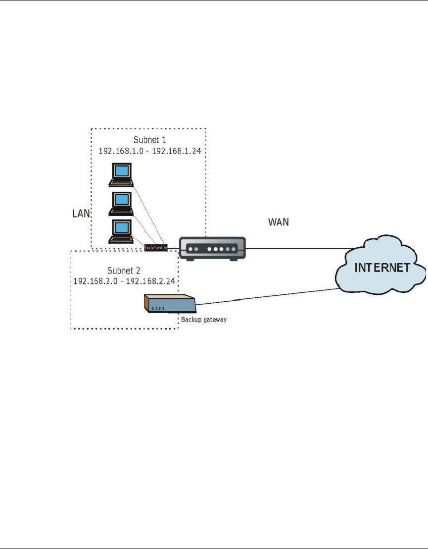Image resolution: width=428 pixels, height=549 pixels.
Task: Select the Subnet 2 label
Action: click(x=124, y=271)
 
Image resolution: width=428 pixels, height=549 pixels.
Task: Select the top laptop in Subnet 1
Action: click(x=121, y=173)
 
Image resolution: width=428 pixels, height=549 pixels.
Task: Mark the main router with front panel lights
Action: click(x=212, y=248)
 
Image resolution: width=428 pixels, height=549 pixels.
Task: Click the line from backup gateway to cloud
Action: click(x=267, y=295)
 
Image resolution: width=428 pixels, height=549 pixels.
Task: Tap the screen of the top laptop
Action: click(x=121, y=171)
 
